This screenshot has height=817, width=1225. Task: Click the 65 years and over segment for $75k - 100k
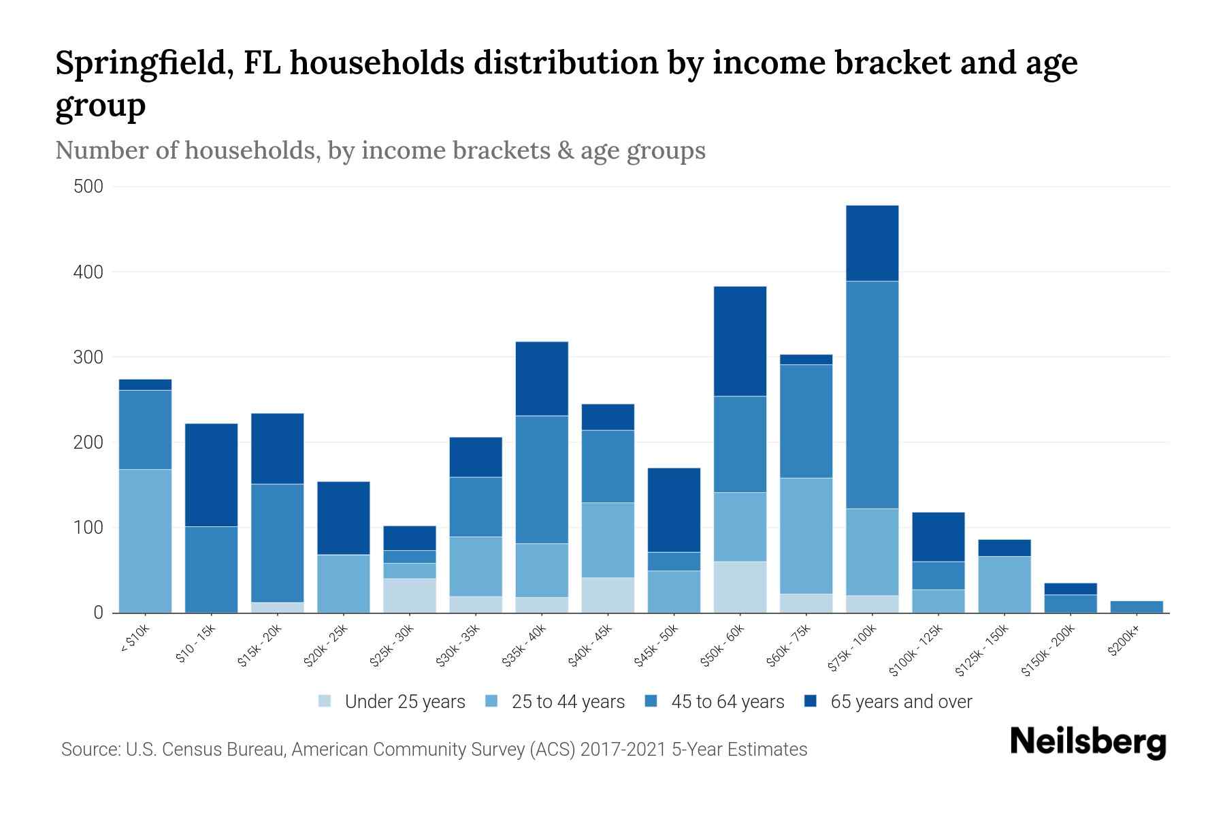point(872,243)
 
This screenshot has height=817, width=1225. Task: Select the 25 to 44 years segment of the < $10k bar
point(145,541)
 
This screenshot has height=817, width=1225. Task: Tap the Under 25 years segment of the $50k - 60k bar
point(740,587)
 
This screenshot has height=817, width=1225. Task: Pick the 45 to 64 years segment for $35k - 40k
point(542,479)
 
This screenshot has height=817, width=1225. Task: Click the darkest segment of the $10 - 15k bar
point(211,475)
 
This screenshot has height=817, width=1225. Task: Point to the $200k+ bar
point(1136,607)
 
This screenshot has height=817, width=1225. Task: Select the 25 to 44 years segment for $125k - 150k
point(1004,584)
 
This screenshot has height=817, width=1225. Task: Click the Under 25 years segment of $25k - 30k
point(410,595)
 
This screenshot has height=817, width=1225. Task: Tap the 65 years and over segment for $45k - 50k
point(674,510)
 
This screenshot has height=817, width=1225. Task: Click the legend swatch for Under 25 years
point(325,701)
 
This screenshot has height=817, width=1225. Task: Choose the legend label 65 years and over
point(900,701)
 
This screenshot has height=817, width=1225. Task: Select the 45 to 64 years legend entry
point(727,701)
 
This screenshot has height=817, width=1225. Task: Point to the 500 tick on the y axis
point(88,187)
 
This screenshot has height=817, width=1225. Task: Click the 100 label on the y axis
point(88,528)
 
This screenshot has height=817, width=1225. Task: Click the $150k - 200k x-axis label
point(1048,650)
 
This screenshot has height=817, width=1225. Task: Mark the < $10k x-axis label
point(134,640)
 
